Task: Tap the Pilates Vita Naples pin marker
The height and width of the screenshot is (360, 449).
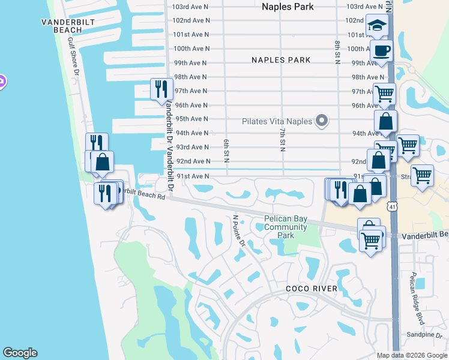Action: click(x=322, y=121)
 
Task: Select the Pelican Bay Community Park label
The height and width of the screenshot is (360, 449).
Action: click(x=286, y=227)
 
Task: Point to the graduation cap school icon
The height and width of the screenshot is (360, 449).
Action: click(x=377, y=25)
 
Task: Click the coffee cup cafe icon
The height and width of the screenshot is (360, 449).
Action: click(x=381, y=50)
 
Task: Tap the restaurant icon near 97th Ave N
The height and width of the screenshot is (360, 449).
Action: click(x=161, y=89)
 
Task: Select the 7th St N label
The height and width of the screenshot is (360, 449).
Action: click(x=281, y=139)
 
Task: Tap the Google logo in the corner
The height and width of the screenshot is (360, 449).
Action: click(x=20, y=353)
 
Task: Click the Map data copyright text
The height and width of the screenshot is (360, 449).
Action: click(x=412, y=355)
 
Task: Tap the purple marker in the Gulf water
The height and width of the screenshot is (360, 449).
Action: click(x=1, y=81)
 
